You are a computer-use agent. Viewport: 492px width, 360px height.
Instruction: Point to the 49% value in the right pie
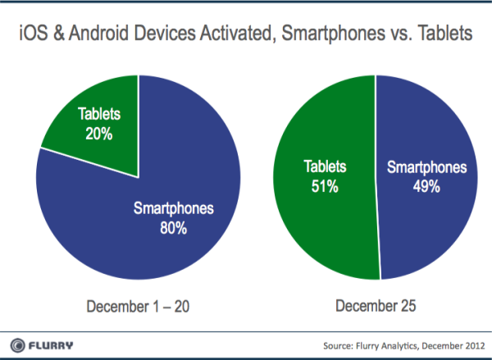pos(426,186)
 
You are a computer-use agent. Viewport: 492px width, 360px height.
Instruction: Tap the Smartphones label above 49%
pos(426,168)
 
